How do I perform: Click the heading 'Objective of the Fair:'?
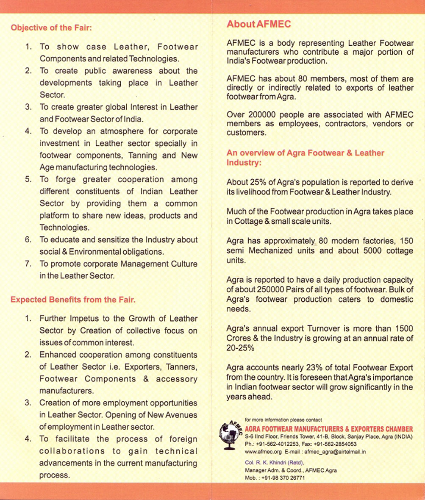click(x=51, y=28)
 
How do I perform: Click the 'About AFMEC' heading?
click(x=258, y=24)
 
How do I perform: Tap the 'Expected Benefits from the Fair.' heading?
click(x=73, y=300)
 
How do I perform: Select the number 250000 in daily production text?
click(x=271, y=290)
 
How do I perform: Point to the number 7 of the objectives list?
click(x=28, y=264)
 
